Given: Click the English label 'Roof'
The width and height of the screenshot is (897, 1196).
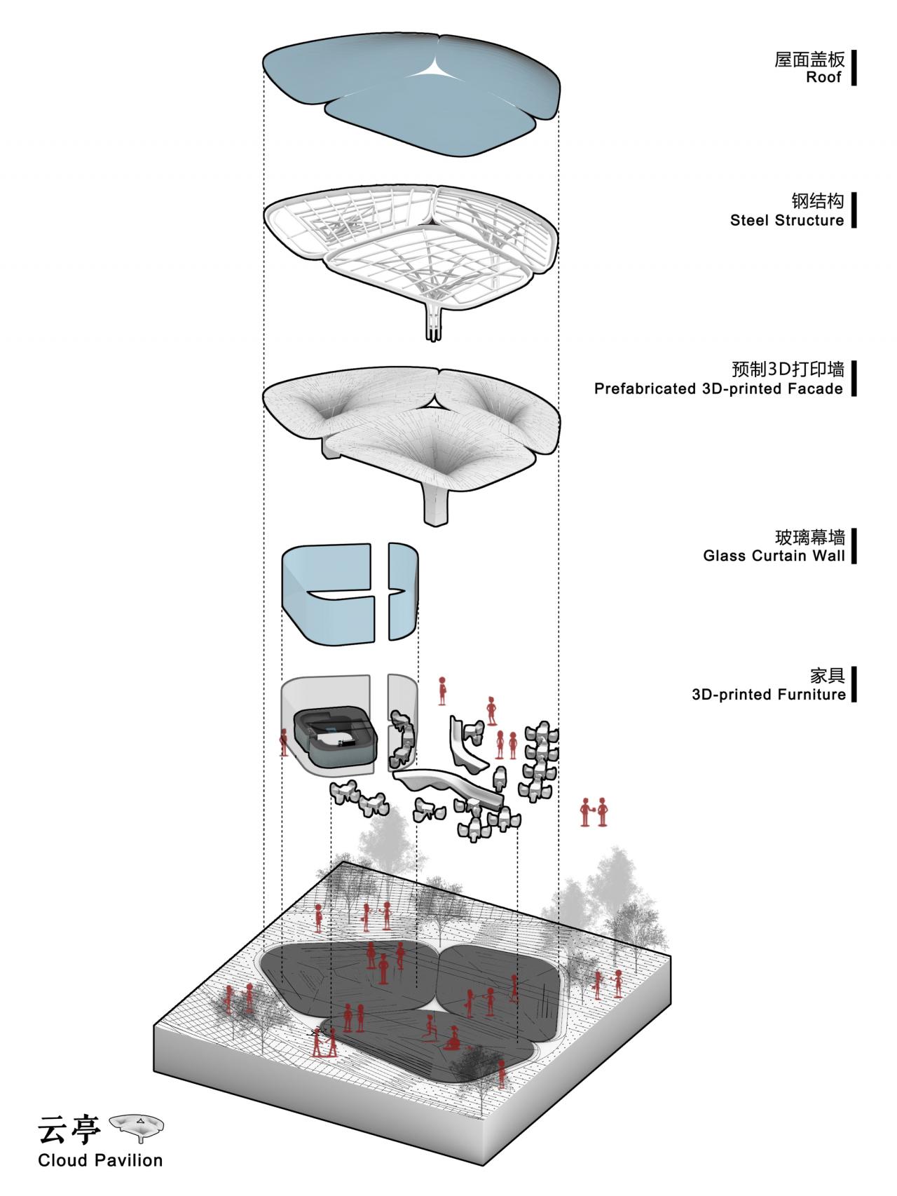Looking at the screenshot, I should click(823, 78).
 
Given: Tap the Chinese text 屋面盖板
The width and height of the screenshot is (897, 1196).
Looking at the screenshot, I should click(809, 59).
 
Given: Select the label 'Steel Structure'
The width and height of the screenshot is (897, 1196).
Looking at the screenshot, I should click(786, 221).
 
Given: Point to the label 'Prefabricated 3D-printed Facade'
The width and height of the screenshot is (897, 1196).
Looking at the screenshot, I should click(718, 389).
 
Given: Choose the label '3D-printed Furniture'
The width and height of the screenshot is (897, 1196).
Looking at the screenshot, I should click(768, 695).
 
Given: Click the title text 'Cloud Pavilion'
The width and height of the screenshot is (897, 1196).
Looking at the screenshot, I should click(100, 1160).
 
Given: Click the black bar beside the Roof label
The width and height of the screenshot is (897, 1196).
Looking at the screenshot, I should click(854, 68).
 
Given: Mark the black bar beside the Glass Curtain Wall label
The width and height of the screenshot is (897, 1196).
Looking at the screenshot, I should click(854, 547).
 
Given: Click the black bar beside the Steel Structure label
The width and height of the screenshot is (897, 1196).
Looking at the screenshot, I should click(854, 210).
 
